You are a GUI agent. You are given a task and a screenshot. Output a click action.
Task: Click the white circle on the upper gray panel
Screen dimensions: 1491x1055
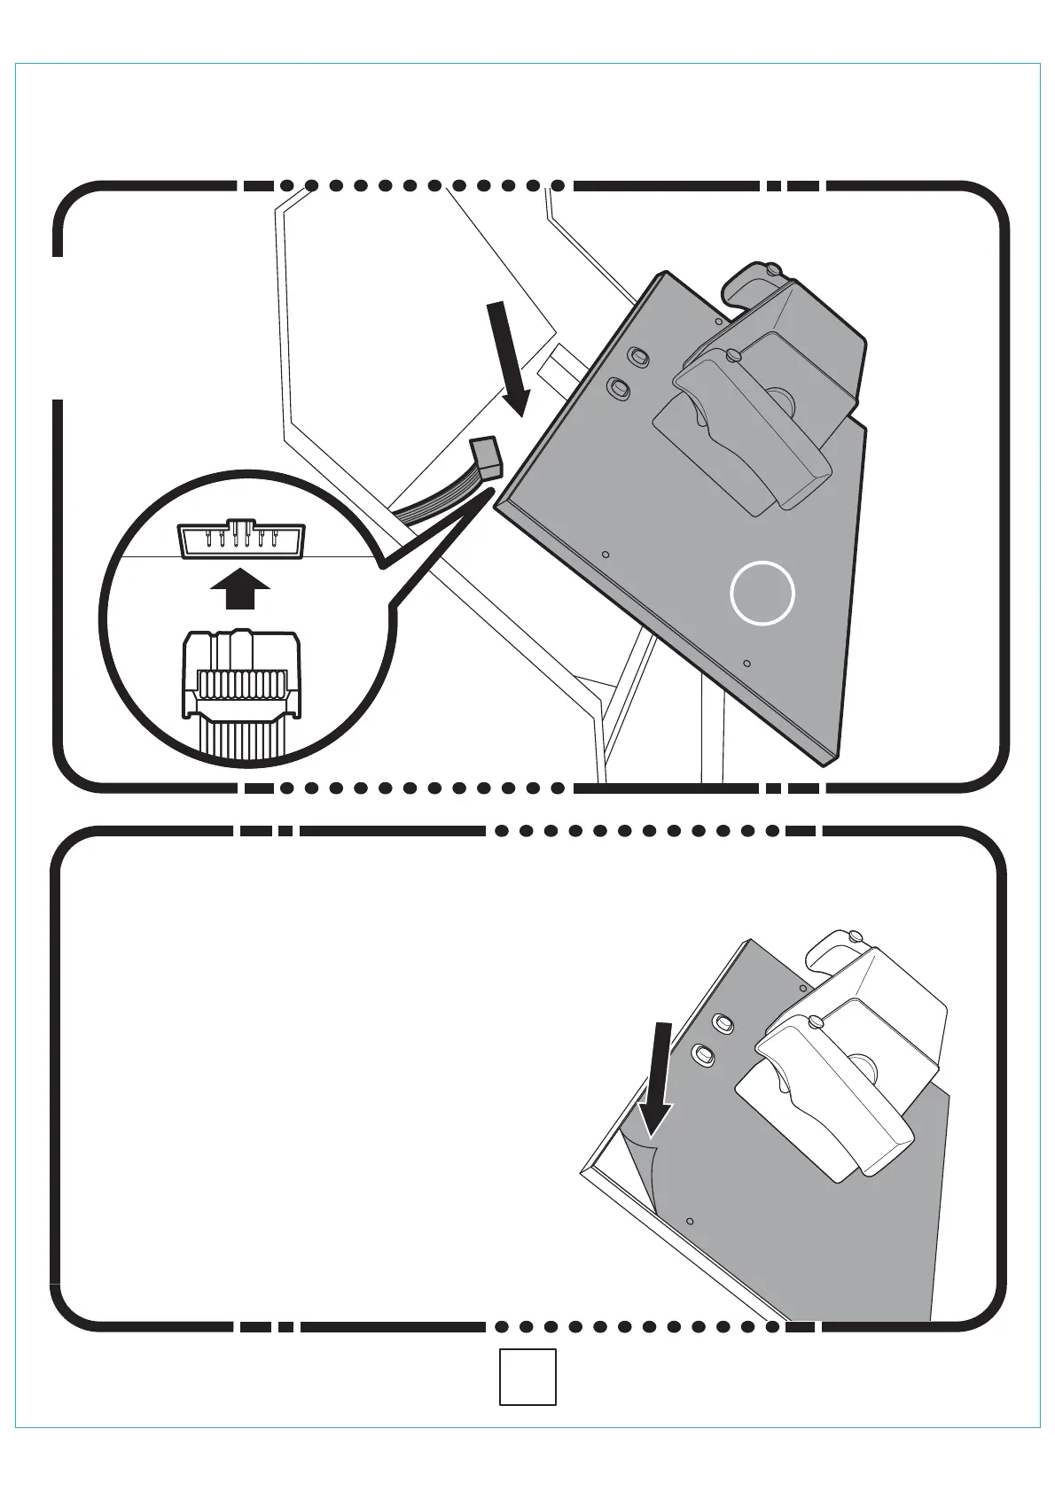762,593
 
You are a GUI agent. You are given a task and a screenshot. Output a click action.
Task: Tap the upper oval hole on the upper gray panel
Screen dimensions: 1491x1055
637,356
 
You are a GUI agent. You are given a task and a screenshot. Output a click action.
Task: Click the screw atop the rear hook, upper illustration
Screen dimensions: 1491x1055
773,268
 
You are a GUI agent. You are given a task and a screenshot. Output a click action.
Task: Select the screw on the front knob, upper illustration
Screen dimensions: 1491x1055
732,355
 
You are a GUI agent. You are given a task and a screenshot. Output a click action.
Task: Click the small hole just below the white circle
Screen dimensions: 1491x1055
746,663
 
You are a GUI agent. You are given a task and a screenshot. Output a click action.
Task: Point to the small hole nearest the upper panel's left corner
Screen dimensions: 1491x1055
606,555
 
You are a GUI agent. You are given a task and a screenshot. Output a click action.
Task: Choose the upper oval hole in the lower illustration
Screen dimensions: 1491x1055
723,1023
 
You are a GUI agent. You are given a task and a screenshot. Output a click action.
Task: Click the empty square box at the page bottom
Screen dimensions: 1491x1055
527,1376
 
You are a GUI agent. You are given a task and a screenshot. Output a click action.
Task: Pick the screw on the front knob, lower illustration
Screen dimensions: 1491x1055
817,1022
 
